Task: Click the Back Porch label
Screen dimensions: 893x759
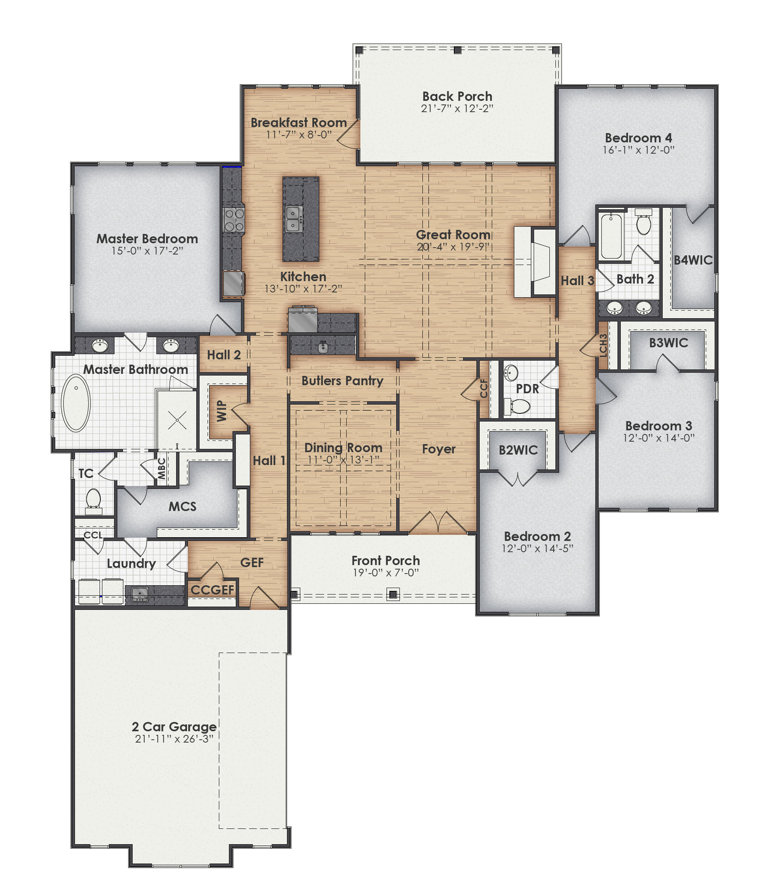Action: coord(457,96)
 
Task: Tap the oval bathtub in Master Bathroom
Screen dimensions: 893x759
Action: coord(76,403)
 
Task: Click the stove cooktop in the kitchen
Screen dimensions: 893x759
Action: coord(234,219)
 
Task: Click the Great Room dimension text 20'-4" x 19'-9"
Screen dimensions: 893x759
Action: coord(453,247)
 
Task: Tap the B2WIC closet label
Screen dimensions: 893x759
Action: coord(518,450)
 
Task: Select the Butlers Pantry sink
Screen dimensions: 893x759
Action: coord(323,346)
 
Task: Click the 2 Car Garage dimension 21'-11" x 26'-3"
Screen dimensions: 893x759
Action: coord(174,739)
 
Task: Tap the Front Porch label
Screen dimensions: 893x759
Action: coord(385,560)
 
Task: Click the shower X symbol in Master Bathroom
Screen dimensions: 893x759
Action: coord(177,420)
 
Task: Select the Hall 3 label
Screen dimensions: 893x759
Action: coord(577,281)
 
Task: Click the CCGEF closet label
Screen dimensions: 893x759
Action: coord(212,590)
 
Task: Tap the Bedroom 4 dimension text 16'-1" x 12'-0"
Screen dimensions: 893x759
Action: coord(638,150)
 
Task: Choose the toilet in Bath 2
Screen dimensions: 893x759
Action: coord(643,223)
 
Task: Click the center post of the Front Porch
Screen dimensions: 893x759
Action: coord(393,594)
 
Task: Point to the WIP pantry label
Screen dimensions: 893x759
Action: coord(221,411)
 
